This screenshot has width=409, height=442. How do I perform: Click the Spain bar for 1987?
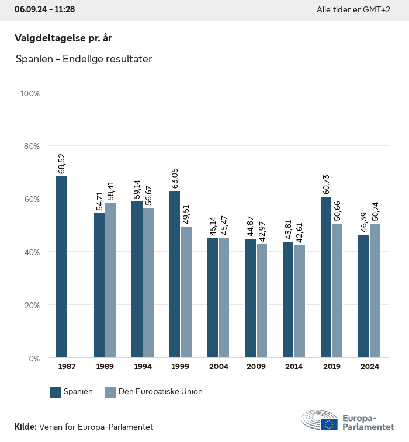61,267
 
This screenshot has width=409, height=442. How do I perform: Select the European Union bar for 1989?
110,280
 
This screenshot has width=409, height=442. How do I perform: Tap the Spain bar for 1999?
175,274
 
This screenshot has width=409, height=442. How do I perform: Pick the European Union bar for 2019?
337,290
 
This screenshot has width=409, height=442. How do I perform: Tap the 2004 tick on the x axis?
219,367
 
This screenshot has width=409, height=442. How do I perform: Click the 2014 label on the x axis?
294,367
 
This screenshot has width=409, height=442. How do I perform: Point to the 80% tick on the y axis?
30,146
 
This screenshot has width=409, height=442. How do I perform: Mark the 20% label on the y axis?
30,305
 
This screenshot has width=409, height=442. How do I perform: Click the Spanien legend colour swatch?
56,392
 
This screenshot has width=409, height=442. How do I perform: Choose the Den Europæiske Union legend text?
161,392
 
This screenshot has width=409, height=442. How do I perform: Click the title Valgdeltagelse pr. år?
63,38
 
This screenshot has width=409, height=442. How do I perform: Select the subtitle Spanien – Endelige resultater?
84,60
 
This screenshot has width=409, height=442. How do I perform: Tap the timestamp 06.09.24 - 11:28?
44,9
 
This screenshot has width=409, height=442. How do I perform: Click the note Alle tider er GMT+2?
353,9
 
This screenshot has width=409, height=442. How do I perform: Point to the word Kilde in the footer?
26,427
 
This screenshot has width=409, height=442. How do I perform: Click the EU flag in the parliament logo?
329,424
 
